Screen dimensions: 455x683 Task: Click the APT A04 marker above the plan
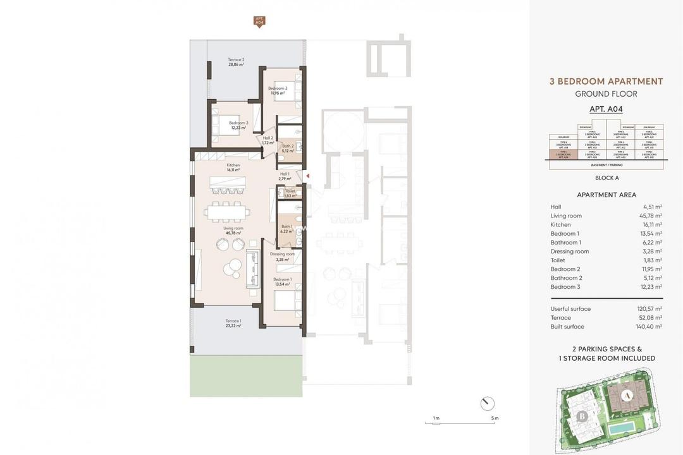click(x=259, y=22)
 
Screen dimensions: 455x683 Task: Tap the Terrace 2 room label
click(x=236, y=62)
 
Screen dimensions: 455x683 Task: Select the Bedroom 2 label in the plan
click(x=278, y=90)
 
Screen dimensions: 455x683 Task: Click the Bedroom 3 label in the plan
click(x=238, y=125)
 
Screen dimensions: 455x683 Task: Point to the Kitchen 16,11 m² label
click(x=233, y=167)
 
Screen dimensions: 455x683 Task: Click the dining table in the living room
click(x=226, y=211)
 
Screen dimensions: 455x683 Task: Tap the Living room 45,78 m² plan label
click(x=233, y=231)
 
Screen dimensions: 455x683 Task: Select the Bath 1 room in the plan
click(x=286, y=229)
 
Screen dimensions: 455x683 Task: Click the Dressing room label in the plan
click(x=282, y=256)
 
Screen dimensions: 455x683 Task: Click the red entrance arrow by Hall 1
click(x=307, y=176)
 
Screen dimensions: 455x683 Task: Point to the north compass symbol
click(x=487, y=403)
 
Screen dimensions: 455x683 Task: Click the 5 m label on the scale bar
click(x=494, y=418)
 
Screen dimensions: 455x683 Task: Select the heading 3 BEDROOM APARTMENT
click(x=606, y=82)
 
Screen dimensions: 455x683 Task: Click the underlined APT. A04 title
click(x=606, y=109)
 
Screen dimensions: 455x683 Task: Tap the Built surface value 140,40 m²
click(x=649, y=327)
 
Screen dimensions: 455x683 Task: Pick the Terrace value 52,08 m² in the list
click(x=649, y=318)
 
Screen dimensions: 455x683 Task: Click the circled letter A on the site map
click(x=626, y=396)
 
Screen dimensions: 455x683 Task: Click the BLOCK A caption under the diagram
click(x=606, y=178)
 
